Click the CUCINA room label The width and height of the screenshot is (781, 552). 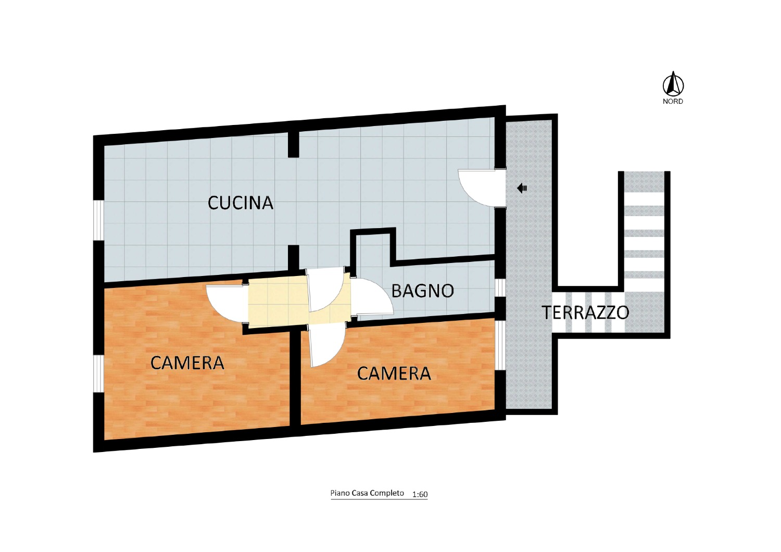(240, 203)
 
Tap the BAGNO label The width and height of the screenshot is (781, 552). (423, 291)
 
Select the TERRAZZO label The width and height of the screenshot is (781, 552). (585, 312)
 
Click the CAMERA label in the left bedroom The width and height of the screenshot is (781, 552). (187, 363)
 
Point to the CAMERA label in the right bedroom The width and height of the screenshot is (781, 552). (394, 374)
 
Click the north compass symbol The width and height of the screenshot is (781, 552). (673, 84)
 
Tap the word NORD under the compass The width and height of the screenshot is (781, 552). (673, 102)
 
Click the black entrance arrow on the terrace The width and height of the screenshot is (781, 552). (522, 189)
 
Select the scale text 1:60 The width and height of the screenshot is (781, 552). (420, 495)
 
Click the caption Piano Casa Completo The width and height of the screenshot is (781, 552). (367, 493)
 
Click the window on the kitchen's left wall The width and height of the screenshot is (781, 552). (99, 220)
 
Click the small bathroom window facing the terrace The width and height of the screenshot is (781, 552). (500, 287)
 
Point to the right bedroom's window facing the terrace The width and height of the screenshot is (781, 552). (500, 345)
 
